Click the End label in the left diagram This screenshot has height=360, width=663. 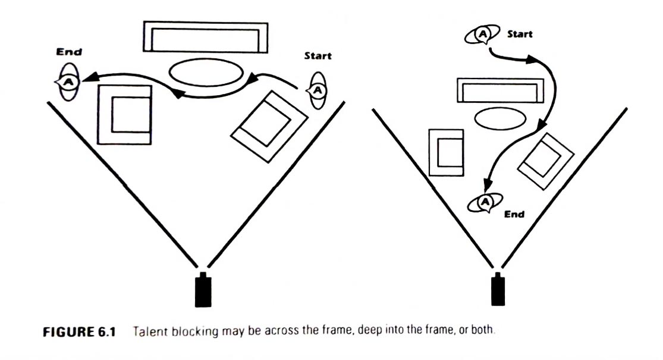point(69,52)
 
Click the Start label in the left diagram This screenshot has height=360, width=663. point(318,56)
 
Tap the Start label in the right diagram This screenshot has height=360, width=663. point(520,34)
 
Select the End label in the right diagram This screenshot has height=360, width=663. point(514,214)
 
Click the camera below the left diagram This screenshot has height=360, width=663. point(203,290)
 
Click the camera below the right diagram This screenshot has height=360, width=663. point(497,290)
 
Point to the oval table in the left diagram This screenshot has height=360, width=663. point(206,73)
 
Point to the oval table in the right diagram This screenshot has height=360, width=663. point(500,118)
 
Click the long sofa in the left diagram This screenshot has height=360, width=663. point(205,37)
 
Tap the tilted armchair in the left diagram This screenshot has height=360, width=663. point(269,125)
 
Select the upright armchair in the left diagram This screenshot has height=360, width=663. point(124,114)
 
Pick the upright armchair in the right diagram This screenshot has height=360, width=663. point(447,152)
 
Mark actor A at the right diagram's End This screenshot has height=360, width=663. point(485,203)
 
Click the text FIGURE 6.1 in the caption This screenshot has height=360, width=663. point(76,331)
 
